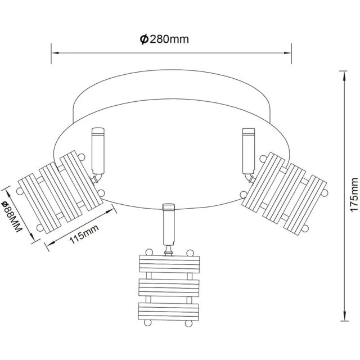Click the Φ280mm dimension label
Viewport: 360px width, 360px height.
click(164, 39)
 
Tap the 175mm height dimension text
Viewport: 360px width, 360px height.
click(354, 195)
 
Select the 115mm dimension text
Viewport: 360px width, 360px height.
click(84, 234)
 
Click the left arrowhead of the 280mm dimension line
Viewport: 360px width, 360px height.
click(55, 53)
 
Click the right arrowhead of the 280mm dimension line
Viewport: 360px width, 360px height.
click(287, 53)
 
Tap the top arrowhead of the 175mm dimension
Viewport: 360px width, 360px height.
click(344, 75)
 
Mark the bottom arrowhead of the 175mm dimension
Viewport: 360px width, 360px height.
click(344, 316)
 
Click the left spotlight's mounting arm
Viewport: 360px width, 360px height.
click(98, 151)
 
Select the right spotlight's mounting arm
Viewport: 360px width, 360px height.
click(249, 151)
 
